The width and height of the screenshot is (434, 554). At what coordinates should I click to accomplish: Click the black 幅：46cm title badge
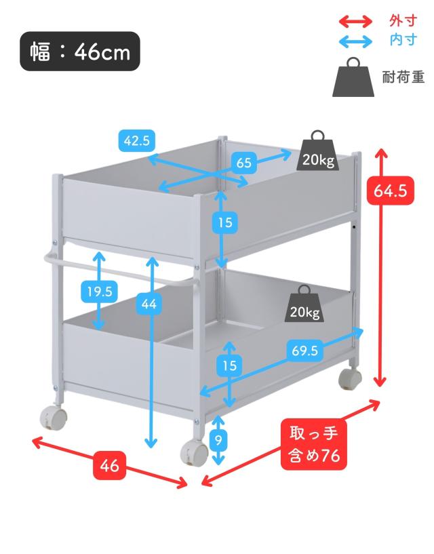click(80, 52)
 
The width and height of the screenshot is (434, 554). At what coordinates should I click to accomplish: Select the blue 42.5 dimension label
click(136, 141)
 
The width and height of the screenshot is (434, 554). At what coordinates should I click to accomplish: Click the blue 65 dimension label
click(243, 163)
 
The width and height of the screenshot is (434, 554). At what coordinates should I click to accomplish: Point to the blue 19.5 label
click(98, 292)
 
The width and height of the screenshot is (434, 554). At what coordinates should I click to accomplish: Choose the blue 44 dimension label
click(149, 304)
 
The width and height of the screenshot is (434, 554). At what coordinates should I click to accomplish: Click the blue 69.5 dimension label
click(304, 351)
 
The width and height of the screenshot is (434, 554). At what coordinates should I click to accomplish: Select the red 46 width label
click(109, 466)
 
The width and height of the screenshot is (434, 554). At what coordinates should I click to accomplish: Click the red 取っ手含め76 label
click(313, 444)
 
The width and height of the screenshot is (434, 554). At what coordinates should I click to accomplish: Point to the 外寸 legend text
click(403, 20)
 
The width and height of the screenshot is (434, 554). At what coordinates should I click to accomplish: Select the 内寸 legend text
click(403, 39)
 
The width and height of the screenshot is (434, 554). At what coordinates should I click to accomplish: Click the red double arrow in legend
click(356, 21)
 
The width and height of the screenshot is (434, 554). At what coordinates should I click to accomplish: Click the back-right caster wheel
click(350, 379)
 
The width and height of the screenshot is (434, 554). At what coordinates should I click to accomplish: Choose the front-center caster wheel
click(195, 451)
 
